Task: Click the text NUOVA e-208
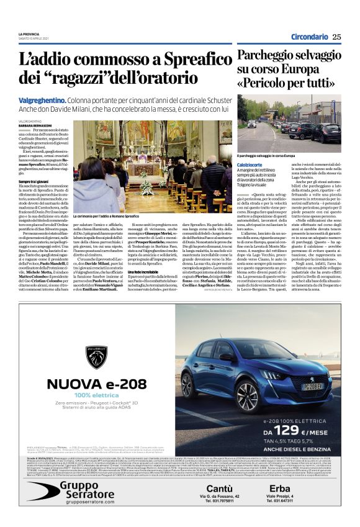pyautogui.click(x=93, y=384)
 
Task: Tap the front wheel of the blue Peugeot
pyautogui.click(x=223, y=394)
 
